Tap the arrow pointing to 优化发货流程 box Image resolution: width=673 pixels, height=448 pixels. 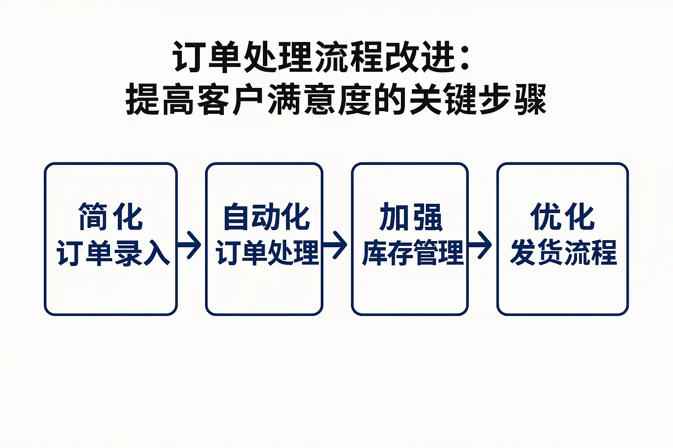pos(481,245)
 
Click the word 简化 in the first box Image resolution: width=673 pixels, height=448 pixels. pos(110,217)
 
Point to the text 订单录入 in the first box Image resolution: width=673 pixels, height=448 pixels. pos(113,253)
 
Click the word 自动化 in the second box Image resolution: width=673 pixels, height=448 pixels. pos(266,217)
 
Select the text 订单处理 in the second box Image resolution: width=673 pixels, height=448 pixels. pos(267,253)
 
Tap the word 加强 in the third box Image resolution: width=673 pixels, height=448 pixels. pos(411,217)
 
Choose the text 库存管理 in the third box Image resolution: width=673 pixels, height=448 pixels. pos(412,253)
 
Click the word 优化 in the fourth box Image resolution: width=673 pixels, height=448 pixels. pos(563,217)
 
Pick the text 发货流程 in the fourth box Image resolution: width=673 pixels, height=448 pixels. pos(563,253)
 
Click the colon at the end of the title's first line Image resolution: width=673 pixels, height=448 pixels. pos(465,58)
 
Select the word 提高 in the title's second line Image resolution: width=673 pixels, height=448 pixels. pos(160,100)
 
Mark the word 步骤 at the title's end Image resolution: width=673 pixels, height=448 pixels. pos(513,100)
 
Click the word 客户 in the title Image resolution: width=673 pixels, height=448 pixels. pos(230,100)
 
